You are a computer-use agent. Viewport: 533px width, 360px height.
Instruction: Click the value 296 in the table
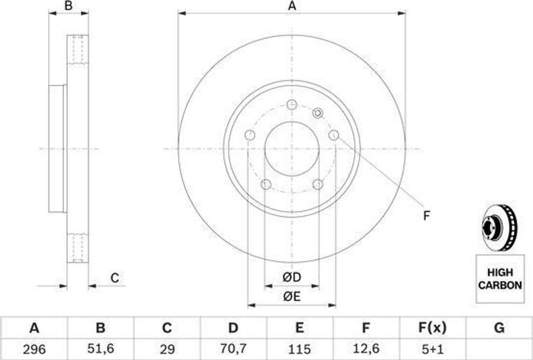pos(34,349)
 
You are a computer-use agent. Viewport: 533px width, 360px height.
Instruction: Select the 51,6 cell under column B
pos(100,349)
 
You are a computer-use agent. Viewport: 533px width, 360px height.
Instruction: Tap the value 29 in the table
pos(167,349)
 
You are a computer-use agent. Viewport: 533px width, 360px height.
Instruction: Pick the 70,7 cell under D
pos(233,349)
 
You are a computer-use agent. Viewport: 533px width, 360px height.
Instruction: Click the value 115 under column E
pos(299,349)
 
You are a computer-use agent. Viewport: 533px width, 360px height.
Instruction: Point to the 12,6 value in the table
pos(365,349)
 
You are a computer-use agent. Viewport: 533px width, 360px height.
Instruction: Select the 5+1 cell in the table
pos(432,349)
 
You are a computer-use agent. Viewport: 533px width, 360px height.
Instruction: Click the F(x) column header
pos(432,328)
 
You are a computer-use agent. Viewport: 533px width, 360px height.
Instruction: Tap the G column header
pos(499,328)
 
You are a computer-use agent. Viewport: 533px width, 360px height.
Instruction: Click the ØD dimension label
pos(292,277)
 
